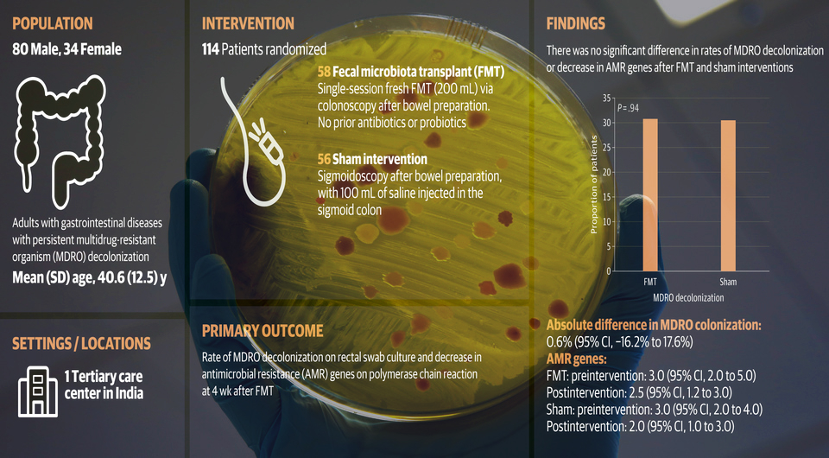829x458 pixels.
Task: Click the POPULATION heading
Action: click(x=53, y=24)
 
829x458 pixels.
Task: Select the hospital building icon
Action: click(x=37, y=391)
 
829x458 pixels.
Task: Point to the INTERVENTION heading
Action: click(x=248, y=24)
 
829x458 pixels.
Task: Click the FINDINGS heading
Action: click(x=576, y=24)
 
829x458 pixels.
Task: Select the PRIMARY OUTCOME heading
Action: click(x=263, y=331)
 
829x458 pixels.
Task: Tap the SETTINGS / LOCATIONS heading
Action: click(x=81, y=344)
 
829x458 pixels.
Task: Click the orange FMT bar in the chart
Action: click(x=650, y=195)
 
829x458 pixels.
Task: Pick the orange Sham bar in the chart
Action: click(x=728, y=195)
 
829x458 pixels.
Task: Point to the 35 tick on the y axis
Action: click(x=606, y=98)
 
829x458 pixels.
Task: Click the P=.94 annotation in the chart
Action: click(x=628, y=108)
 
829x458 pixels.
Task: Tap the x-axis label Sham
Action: click(x=728, y=282)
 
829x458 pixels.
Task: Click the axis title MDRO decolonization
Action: click(x=688, y=298)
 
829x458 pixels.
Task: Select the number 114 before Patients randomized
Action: click(x=210, y=50)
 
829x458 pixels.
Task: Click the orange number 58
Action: click(x=324, y=72)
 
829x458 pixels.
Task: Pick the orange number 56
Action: click(x=324, y=159)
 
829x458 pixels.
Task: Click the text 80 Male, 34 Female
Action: click(x=67, y=50)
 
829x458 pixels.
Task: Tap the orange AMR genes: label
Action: click(x=576, y=359)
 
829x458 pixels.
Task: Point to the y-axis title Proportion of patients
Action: click(x=594, y=185)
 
